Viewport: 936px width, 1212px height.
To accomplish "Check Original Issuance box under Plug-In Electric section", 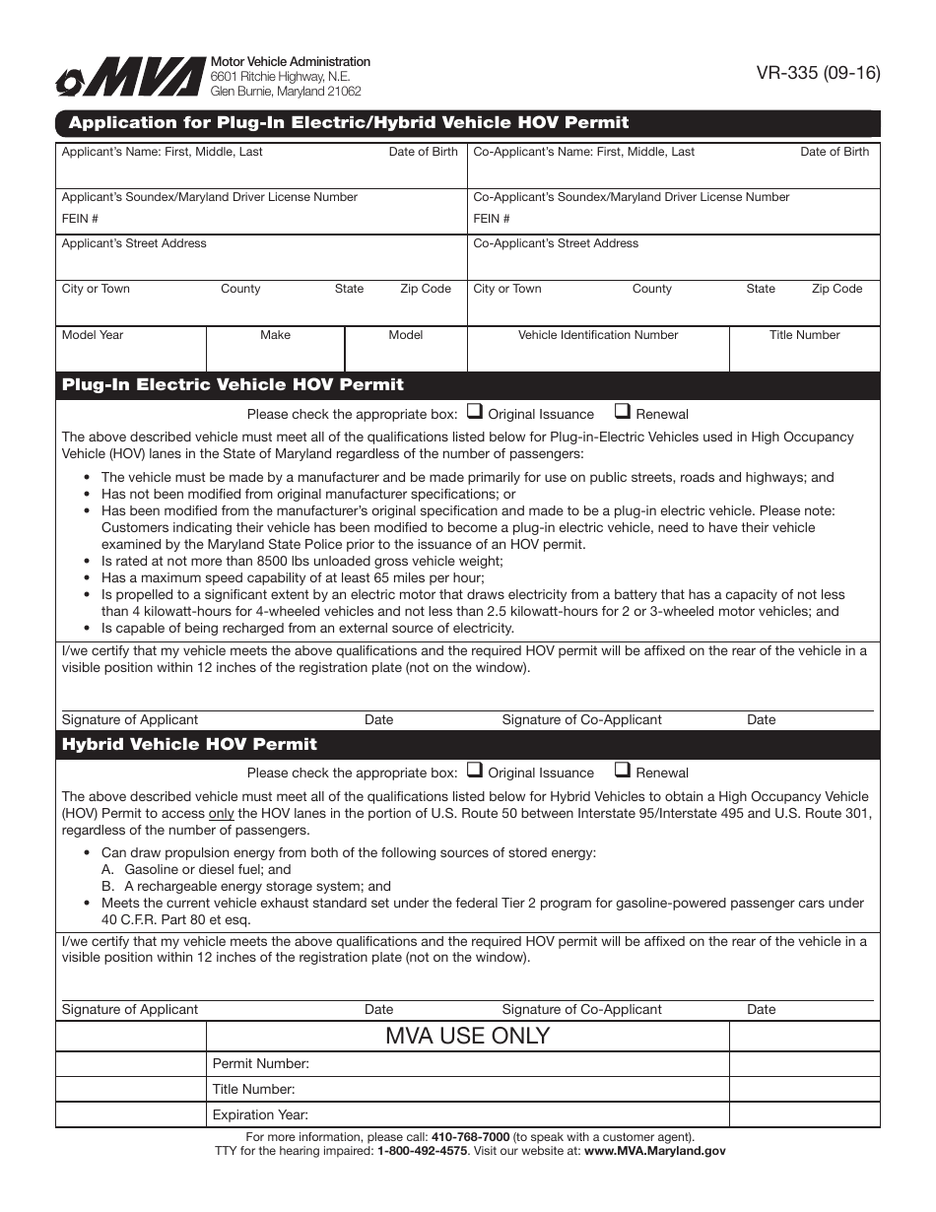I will [x=474, y=412].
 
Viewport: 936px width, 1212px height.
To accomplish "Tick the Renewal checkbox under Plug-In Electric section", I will [x=623, y=412].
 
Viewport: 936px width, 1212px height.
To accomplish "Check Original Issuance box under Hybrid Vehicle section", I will [x=474, y=771].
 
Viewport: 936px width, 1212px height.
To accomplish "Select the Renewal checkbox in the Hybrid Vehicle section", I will [x=623, y=771].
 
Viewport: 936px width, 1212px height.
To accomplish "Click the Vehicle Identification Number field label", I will [x=598, y=335].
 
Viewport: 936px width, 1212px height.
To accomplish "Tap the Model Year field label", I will [x=93, y=335].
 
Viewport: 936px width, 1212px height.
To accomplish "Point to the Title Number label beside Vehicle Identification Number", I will [x=804, y=335].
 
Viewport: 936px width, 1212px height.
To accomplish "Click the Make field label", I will [x=275, y=335].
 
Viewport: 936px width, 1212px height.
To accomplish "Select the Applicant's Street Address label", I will [x=134, y=243].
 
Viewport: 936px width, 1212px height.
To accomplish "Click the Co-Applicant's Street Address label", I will [x=556, y=243].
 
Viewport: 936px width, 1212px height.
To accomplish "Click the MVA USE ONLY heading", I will [x=467, y=1036].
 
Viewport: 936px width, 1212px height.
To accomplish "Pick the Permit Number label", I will [x=261, y=1064].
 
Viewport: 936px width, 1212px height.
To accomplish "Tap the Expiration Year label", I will [x=260, y=1115].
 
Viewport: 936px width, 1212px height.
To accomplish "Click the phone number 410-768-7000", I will [x=470, y=1137].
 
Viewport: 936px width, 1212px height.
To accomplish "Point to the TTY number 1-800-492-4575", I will [x=422, y=1151].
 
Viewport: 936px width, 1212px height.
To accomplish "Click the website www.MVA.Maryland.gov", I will [x=654, y=1151].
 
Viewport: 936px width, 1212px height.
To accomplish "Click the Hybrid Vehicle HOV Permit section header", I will [x=189, y=744].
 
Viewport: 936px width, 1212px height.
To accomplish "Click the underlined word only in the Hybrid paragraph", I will [x=221, y=813].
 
